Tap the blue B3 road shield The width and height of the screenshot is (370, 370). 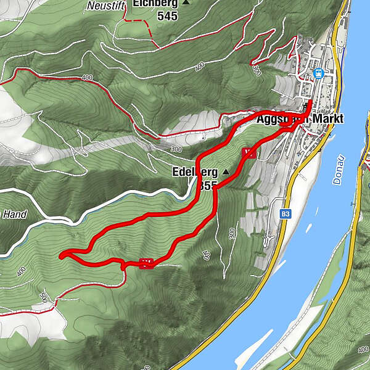(x=285, y=214)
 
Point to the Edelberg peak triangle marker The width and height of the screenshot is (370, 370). (x=226, y=171)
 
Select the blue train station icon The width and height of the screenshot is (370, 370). (x=318, y=73)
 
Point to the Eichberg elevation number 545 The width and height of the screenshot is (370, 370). (x=166, y=17)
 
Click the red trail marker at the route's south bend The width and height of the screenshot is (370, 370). (x=146, y=263)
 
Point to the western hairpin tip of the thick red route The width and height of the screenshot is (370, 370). (x=60, y=255)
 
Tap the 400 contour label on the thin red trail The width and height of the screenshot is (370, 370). (x=86, y=78)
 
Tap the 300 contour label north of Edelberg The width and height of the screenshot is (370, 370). (x=176, y=149)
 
